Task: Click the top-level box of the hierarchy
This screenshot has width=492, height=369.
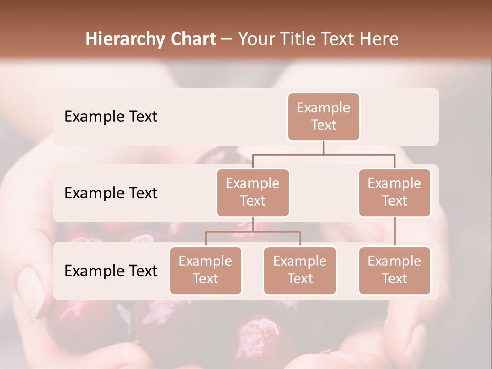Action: point(323,116)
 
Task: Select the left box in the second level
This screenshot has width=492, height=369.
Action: point(253,192)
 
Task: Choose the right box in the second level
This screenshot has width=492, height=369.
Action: point(395,192)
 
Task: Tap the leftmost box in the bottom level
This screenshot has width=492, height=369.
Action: point(206,270)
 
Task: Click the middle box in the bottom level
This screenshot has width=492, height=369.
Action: point(300,270)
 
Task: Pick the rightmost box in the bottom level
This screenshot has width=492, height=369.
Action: point(395,270)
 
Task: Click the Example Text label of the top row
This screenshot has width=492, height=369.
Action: point(111,117)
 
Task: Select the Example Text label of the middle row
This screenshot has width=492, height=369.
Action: point(111,193)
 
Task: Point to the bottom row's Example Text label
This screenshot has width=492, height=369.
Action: point(111,271)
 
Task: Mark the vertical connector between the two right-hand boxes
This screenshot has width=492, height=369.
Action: point(395,231)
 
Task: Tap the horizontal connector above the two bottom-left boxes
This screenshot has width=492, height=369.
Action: point(253,232)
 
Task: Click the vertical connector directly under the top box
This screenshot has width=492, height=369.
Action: point(323,148)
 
